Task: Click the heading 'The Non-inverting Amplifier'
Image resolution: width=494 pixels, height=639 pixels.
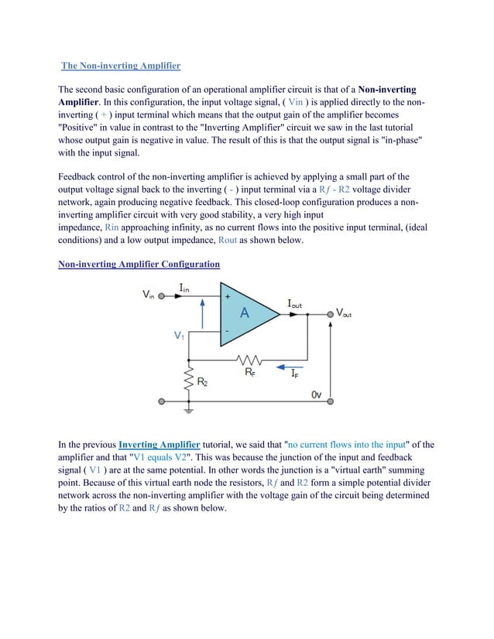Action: coord(121,66)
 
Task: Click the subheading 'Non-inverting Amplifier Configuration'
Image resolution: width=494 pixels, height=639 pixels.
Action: coord(139,265)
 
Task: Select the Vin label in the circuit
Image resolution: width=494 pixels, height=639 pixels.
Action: coord(148,295)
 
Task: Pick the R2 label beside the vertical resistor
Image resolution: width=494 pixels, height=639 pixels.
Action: coord(203,381)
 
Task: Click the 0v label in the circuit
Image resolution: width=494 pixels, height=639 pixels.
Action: coord(316,395)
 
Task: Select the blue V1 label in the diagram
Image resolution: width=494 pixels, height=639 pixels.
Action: coord(179,337)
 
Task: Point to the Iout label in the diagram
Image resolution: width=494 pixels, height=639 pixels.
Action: coord(294,305)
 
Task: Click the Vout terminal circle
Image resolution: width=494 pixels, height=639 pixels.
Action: coord(331,314)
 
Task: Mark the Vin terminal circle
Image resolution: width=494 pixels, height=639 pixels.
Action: coord(161,295)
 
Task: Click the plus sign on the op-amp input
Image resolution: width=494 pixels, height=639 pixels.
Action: coord(228,296)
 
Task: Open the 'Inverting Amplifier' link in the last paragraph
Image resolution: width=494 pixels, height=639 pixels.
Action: coord(159,445)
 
